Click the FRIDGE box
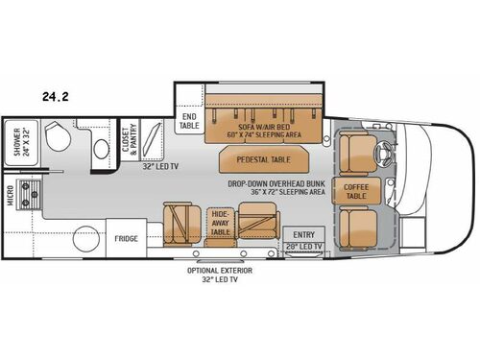pyautogui.click(x=127, y=238)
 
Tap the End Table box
pyautogui.click(x=189, y=121)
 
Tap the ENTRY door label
pyautogui.click(x=303, y=233)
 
